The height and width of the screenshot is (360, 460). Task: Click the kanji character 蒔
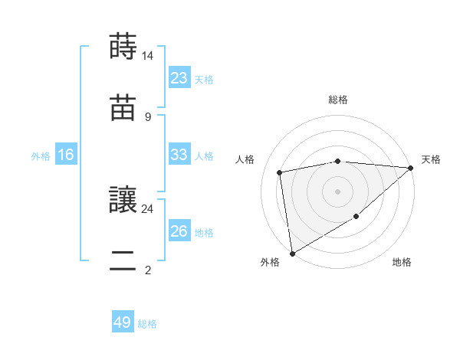[x=123, y=47]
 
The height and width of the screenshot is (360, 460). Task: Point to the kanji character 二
[x=123, y=260]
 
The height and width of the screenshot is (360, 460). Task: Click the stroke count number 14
[x=148, y=56]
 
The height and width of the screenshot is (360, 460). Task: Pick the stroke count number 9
[x=148, y=116]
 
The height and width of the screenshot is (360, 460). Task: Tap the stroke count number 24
[x=148, y=208]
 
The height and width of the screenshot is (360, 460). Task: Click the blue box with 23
[x=179, y=78]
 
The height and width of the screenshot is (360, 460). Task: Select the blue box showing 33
[x=179, y=155]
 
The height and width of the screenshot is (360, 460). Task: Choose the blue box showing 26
[x=179, y=231]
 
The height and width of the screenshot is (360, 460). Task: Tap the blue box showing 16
[x=66, y=155]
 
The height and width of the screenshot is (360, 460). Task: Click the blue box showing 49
[x=123, y=322]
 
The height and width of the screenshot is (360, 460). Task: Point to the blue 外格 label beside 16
[x=41, y=155]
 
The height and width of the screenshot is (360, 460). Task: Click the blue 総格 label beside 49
[x=147, y=324]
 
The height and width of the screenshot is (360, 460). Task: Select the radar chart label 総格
[x=338, y=100]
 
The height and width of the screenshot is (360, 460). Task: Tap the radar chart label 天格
[x=431, y=159]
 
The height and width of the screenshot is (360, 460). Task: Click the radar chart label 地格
[x=402, y=262]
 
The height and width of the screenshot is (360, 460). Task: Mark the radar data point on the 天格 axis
[x=411, y=168]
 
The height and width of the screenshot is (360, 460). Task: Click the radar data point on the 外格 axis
[x=292, y=253]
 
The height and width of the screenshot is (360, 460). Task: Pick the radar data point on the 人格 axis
[x=280, y=172]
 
